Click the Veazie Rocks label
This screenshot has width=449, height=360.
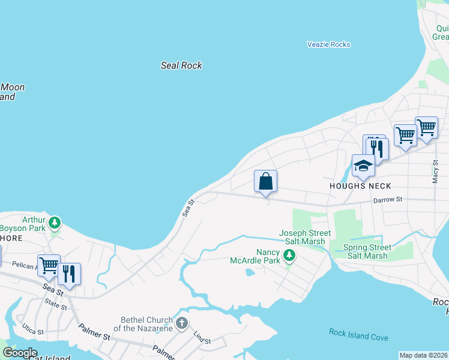click(328, 44)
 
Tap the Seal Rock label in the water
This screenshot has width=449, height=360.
click(181, 65)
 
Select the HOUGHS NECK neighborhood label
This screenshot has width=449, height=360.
click(356, 186)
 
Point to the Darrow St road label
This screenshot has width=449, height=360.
click(387, 200)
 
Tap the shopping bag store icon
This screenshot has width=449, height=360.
click(265, 181)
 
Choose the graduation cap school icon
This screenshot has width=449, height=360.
click(363, 165)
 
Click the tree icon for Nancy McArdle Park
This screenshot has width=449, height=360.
click(289, 256)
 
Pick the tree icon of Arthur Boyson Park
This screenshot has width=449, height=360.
click(55, 223)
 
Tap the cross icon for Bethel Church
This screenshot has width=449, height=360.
click(181, 324)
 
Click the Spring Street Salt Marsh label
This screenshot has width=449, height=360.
click(367, 251)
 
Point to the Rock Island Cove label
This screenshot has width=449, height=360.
click(358, 337)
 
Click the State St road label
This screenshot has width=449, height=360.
click(56, 305)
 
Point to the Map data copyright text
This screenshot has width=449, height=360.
click(423, 355)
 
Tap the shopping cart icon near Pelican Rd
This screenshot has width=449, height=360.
click(49, 265)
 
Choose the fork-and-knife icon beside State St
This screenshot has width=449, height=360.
click(69, 274)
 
